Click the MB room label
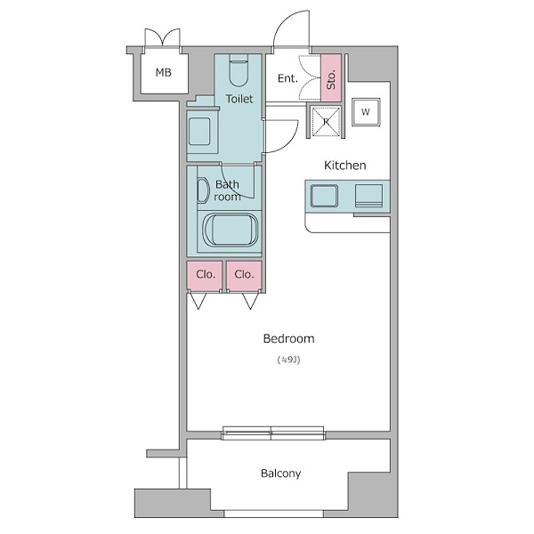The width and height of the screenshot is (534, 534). (x=164, y=73)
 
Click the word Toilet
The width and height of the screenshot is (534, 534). (x=239, y=99)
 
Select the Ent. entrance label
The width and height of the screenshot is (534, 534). (x=287, y=78)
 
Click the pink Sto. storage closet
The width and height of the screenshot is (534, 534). (x=331, y=77)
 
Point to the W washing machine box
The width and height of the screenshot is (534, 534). (x=366, y=112)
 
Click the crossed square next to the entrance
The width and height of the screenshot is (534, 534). (x=326, y=121)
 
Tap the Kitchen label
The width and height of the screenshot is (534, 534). (x=345, y=166)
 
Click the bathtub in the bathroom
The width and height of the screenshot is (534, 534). (x=231, y=230)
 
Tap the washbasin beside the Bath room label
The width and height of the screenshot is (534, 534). (x=203, y=190)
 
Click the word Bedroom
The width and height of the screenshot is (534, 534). (x=288, y=339)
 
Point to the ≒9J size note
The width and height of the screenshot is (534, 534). (x=288, y=360)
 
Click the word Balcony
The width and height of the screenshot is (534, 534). (x=281, y=473)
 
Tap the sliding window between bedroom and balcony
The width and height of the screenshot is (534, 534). (x=273, y=433)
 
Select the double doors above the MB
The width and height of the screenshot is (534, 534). (x=163, y=37)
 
